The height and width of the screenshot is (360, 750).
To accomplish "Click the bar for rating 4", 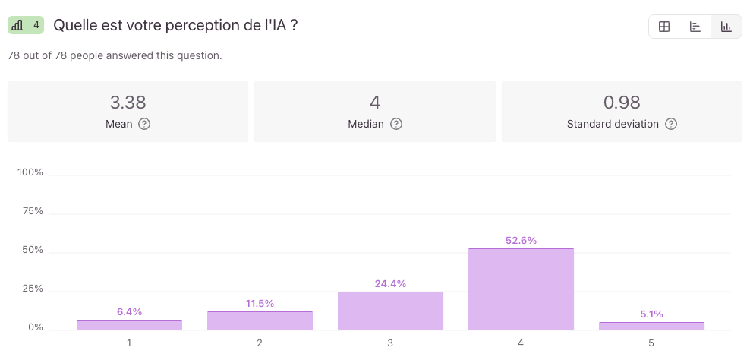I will [x=521, y=289].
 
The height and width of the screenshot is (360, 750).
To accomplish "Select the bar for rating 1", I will [x=129, y=325].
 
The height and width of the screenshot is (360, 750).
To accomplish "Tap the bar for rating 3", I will [x=390, y=311].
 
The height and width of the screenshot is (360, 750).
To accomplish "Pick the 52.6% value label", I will [x=521, y=241].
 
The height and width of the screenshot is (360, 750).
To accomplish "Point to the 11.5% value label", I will [x=260, y=304].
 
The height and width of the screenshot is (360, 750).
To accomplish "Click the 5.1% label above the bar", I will [x=651, y=314].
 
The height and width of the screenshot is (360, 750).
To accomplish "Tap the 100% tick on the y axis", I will [x=30, y=172].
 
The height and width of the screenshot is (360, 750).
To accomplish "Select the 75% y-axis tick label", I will [x=33, y=211].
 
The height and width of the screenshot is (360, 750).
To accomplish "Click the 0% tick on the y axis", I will [x=36, y=328].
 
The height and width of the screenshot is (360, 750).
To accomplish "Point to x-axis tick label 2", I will [x=260, y=343].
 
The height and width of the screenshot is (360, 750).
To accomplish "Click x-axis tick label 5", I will [x=651, y=343].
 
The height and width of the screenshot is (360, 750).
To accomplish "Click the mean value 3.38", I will [x=128, y=103].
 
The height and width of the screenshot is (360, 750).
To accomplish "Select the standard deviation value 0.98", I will [x=622, y=103].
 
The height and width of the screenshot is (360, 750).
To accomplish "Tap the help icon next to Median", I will [x=396, y=124].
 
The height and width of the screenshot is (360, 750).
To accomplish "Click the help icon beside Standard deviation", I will [x=671, y=124].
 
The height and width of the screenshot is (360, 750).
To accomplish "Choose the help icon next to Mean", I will [x=144, y=124].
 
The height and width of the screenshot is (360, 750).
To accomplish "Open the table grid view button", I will [x=664, y=27].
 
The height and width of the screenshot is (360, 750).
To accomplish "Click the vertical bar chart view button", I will [x=726, y=27].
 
